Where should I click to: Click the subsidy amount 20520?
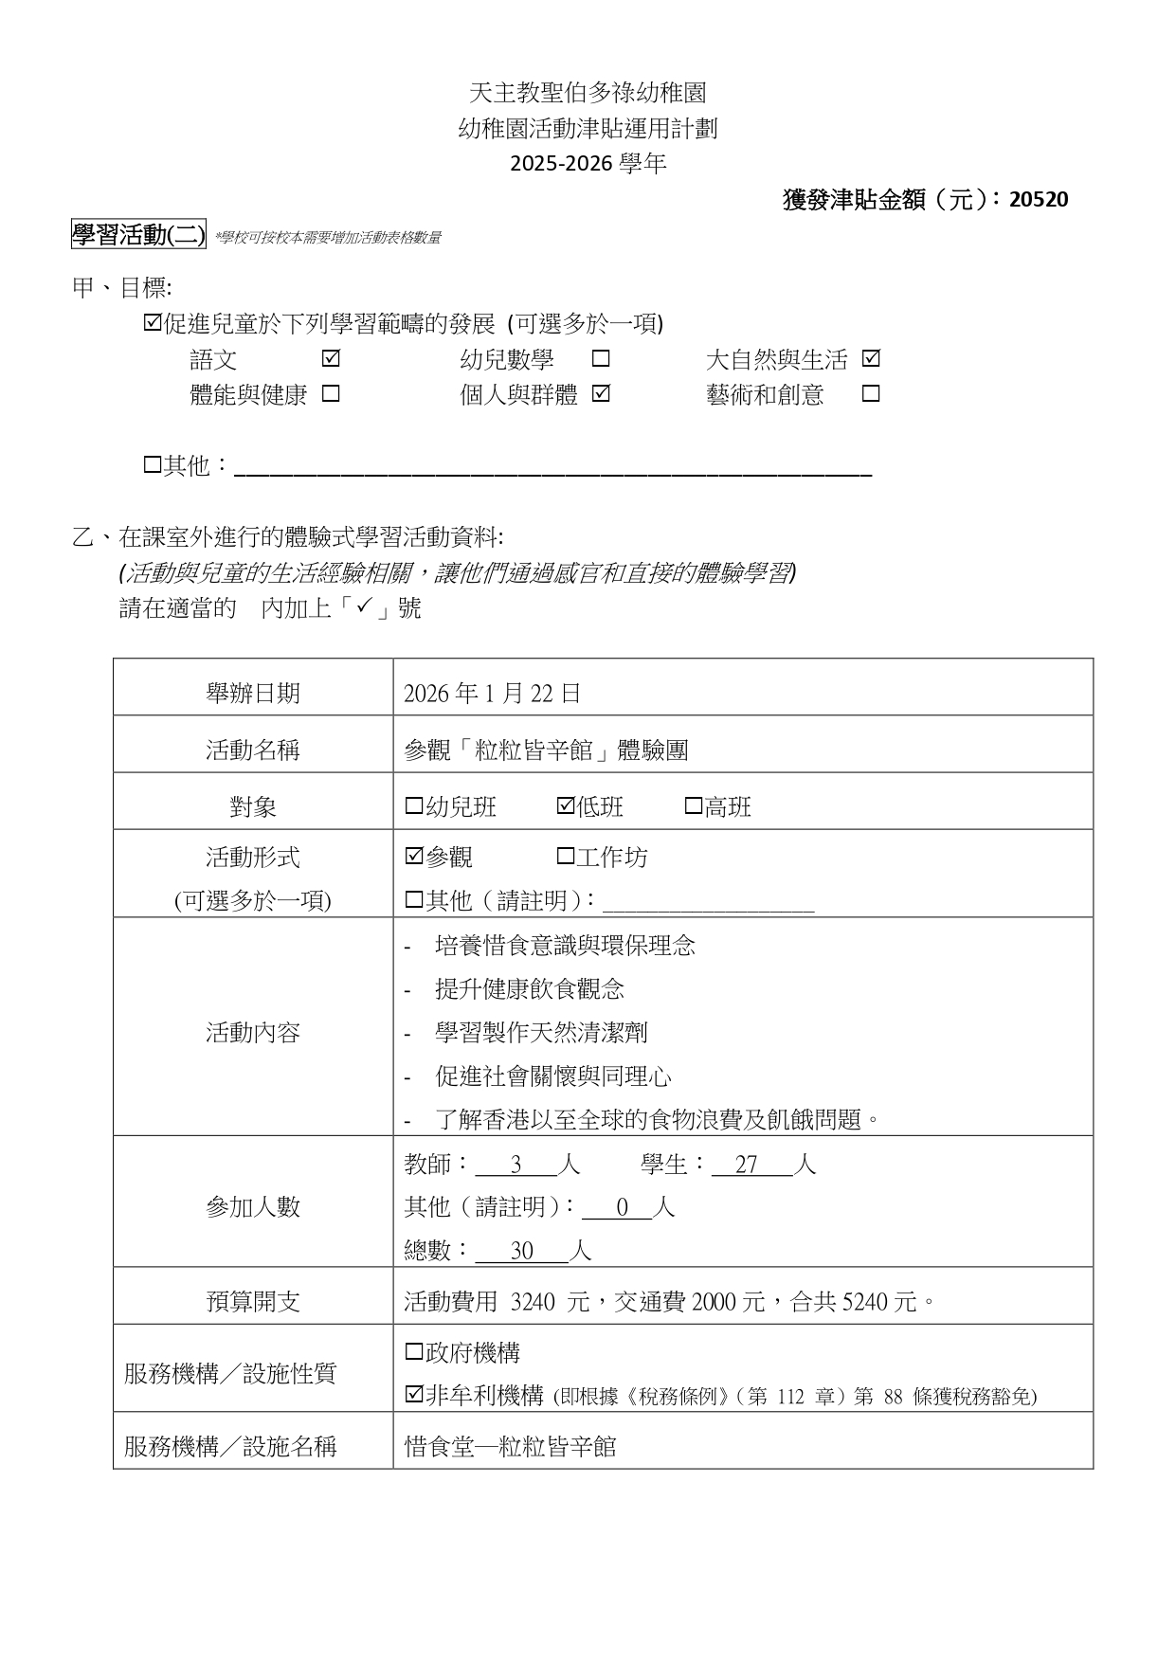[x=1039, y=200]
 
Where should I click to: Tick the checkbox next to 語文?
[x=331, y=359]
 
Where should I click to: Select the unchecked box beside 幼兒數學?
[x=601, y=359]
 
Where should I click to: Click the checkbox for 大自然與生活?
[x=871, y=359]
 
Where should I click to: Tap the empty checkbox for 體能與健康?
[x=331, y=394]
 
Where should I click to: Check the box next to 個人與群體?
[x=601, y=394]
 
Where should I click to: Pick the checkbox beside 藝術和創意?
[x=871, y=394]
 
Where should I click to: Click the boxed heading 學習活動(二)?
[x=138, y=234]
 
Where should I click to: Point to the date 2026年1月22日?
[x=492, y=694]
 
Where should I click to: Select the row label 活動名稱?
[x=253, y=750]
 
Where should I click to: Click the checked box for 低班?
[x=566, y=806]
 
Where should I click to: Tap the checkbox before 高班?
[x=694, y=806]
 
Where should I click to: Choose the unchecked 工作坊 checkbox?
[x=566, y=857]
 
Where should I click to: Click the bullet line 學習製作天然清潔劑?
[x=541, y=1032]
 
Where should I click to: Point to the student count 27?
[x=747, y=1165]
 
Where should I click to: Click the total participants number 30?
[x=522, y=1252]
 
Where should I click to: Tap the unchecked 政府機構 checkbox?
[x=414, y=1352]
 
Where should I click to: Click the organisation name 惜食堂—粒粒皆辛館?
[x=510, y=1447]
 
